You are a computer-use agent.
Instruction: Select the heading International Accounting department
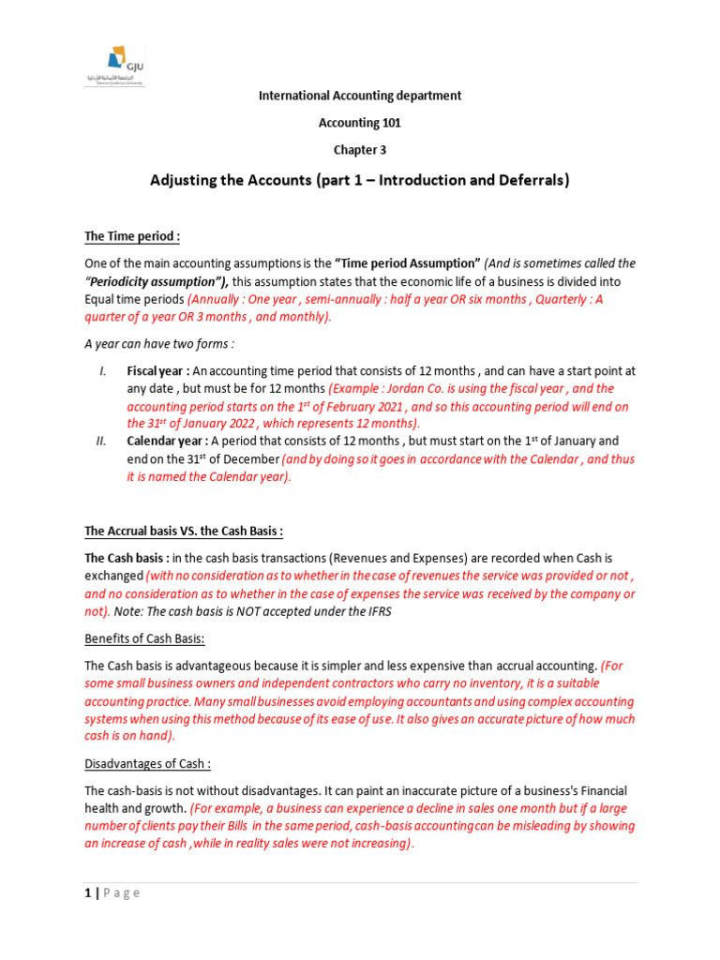click(x=359, y=96)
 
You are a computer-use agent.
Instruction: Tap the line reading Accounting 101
click(x=359, y=123)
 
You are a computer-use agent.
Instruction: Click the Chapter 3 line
click(x=359, y=150)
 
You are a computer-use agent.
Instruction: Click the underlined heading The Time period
click(x=131, y=236)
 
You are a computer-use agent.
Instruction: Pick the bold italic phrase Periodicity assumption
click(x=155, y=281)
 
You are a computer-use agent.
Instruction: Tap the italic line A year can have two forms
click(x=159, y=343)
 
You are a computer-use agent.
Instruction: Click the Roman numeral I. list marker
click(x=103, y=372)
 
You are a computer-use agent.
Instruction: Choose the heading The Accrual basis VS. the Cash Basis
click(x=184, y=532)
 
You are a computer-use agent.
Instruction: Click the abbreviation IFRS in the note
click(x=380, y=611)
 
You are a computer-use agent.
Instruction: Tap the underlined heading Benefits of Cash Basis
click(x=144, y=638)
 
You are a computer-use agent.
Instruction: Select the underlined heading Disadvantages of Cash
click(x=148, y=764)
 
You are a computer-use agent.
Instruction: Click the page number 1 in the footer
click(x=88, y=892)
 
